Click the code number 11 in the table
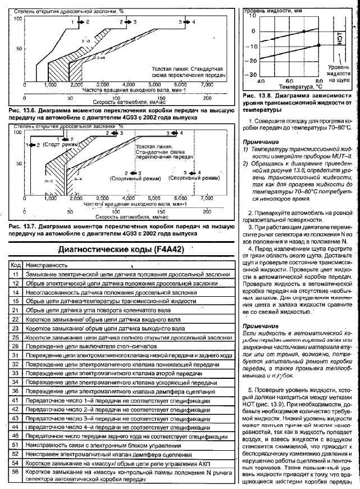[16, 273]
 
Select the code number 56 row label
[16, 475]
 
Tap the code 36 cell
[16, 391]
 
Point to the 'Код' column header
[16, 264]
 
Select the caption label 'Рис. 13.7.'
[24, 227]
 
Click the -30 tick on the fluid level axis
[252, 74]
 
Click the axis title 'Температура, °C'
[297, 87]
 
